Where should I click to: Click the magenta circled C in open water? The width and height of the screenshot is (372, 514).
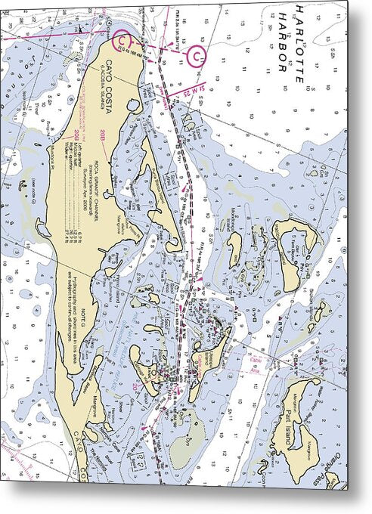(197, 55)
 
